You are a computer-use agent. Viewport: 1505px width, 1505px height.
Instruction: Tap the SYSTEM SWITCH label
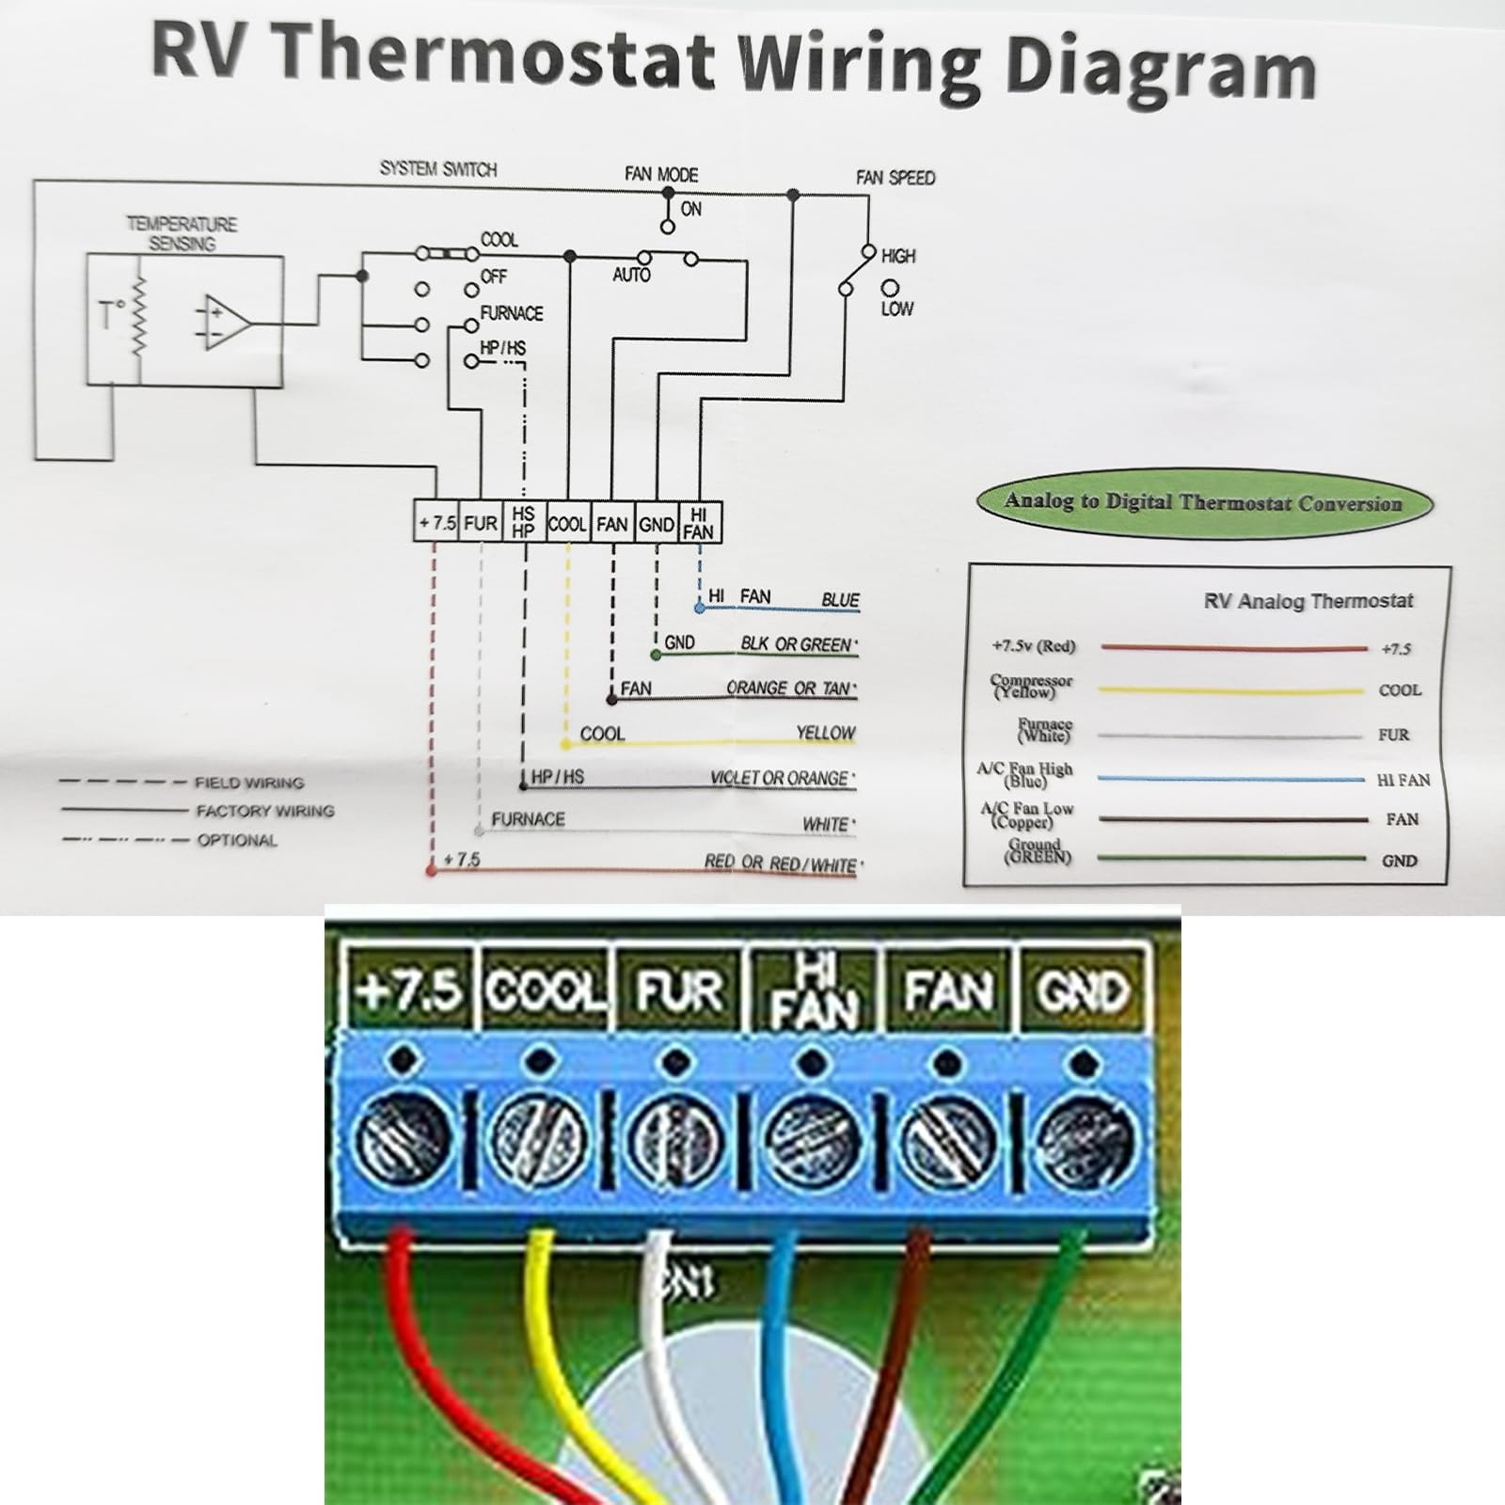438,169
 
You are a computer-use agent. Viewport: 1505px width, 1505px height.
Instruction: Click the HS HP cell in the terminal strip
523,522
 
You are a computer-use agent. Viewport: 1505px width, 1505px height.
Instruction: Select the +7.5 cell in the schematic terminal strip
436,523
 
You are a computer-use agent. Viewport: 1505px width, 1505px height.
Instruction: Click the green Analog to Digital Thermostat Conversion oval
1203,502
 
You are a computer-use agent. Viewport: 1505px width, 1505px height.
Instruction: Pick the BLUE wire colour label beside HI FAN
840,600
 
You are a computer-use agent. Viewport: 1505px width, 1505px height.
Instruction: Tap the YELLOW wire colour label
825,733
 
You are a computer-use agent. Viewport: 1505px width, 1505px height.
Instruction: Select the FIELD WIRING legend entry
248,783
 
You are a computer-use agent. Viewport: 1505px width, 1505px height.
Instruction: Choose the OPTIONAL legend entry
236,840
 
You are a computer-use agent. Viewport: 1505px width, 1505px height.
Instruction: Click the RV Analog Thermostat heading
1307,601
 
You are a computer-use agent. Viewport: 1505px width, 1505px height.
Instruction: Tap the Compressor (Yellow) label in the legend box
1031,686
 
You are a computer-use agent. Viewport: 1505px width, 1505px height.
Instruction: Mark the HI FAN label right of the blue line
1402,780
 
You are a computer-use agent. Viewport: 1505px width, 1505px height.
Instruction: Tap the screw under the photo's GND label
1084,1138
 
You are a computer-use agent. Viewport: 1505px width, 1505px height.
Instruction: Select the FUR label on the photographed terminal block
679,990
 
